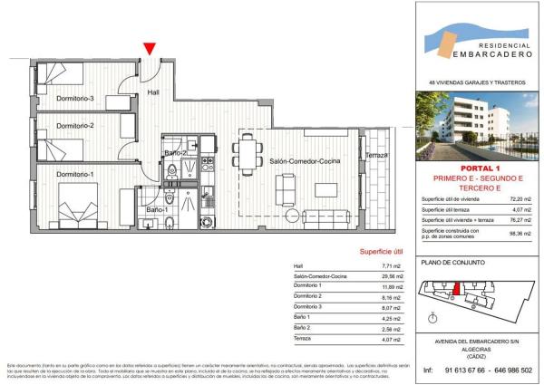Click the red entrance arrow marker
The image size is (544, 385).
(x=150, y=49)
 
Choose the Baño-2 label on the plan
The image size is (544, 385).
(x=176, y=153)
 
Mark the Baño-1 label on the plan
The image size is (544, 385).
(x=156, y=211)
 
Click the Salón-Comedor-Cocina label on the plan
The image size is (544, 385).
(x=305, y=161)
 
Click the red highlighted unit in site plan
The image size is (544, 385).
(x=458, y=288)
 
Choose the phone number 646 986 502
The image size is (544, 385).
(x=510, y=370)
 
